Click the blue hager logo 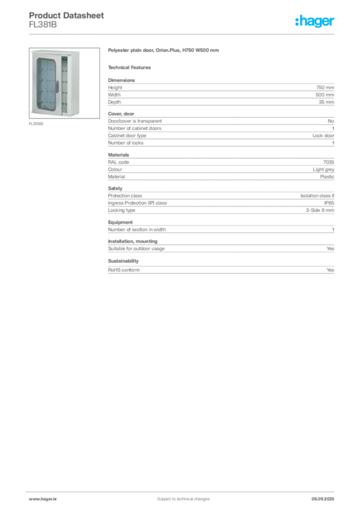pyautogui.click(x=315, y=22)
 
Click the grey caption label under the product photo pyautogui.click(x=36, y=124)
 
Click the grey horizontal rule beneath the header pyautogui.click(x=183, y=34)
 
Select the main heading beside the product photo pyautogui.click(x=165, y=52)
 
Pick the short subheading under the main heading pyautogui.click(x=131, y=67)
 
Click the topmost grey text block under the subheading pyautogui.click(x=220, y=91)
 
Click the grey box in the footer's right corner pyautogui.click(x=326, y=496)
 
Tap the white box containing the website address pyautogui.click(x=56, y=499)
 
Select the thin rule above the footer pyautogui.click(x=183, y=491)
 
